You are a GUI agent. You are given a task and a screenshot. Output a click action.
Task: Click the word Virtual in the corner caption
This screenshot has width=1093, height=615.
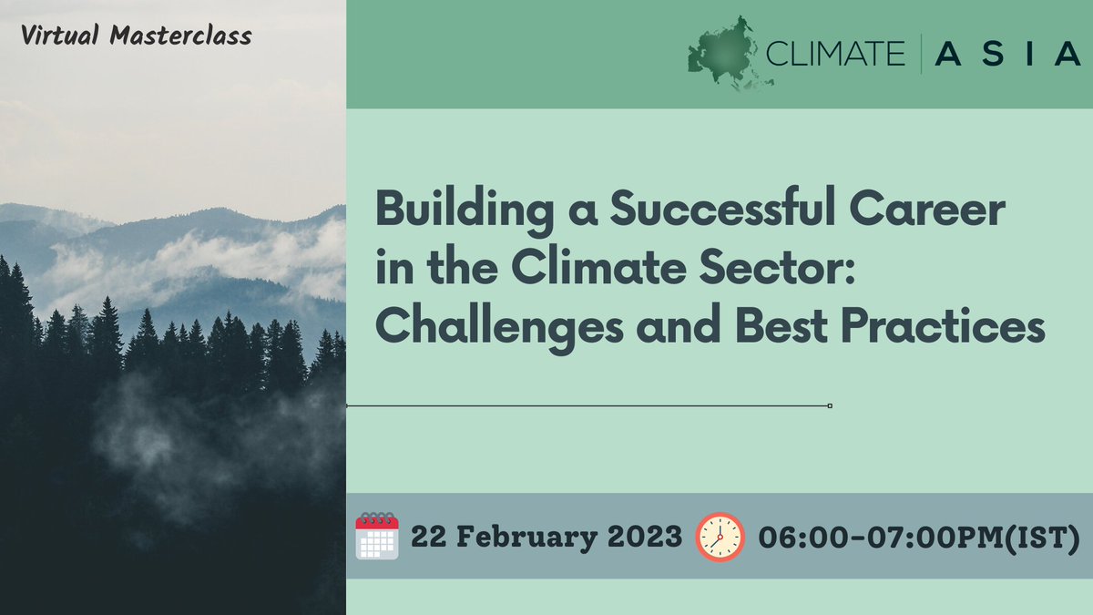(x=61, y=37)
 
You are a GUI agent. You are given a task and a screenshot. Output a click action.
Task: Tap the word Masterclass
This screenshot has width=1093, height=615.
(x=181, y=37)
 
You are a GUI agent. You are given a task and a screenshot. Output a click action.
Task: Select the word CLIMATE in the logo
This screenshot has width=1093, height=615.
(x=836, y=55)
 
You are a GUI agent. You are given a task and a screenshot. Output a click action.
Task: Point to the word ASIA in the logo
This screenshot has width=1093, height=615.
(x=1006, y=55)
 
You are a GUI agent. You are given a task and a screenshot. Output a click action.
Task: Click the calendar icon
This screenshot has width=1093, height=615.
(x=377, y=536)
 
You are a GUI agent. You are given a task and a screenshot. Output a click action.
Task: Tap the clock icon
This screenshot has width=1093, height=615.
(x=720, y=536)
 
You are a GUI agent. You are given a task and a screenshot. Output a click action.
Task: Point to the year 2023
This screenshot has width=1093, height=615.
(x=647, y=537)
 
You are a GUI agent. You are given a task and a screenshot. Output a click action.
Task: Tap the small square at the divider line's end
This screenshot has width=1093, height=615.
(x=830, y=405)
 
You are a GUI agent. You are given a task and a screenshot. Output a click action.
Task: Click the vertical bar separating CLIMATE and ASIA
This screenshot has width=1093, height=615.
(x=921, y=55)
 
